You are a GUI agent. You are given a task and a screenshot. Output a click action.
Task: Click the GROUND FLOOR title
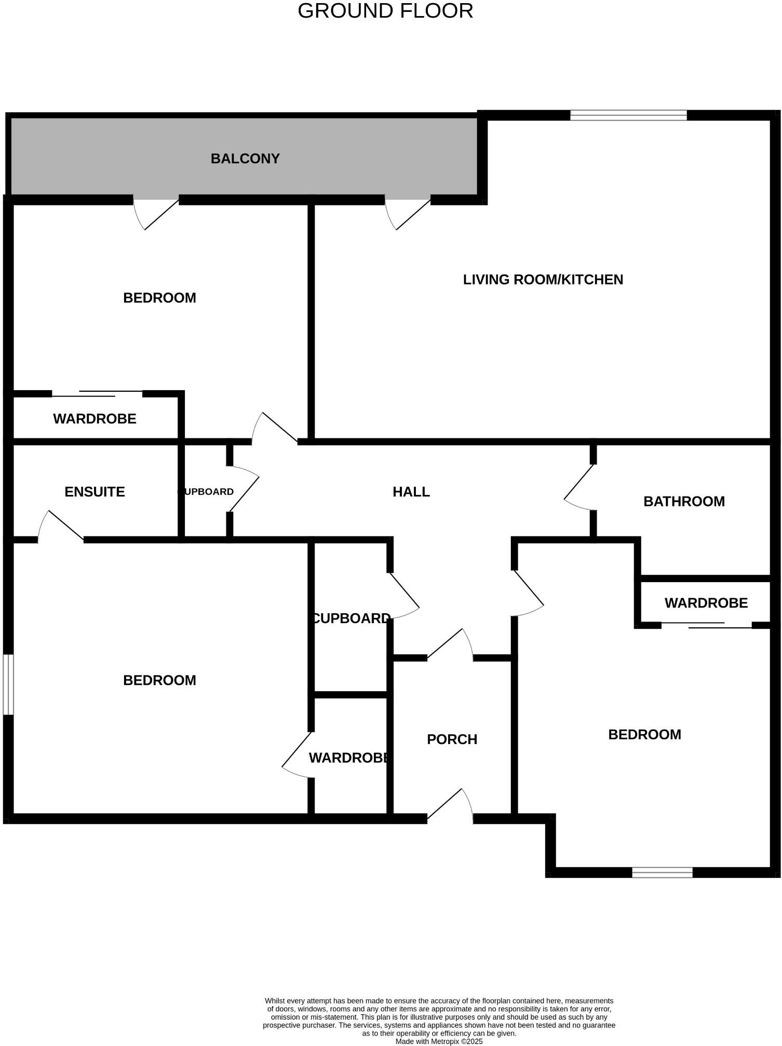point(385,11)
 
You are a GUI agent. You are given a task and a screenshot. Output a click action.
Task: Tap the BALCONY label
point(245,159)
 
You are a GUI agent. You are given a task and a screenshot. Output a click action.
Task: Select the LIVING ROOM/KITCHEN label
point(543,280)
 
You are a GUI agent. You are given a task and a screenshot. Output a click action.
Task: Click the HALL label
point(411,492)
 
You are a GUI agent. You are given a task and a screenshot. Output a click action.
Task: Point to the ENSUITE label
point(95,492)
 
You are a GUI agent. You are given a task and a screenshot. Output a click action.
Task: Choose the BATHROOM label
point(684,501)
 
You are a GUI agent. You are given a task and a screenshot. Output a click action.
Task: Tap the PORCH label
point(452,739)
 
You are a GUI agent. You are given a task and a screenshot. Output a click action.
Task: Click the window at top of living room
point(628,115)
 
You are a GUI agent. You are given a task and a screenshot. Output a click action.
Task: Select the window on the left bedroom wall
point(8,684)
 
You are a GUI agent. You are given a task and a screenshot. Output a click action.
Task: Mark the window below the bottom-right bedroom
point(662,873)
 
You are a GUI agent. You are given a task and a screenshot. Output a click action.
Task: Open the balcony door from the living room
point(408,213)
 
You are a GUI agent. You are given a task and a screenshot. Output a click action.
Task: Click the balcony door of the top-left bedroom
point(156,213)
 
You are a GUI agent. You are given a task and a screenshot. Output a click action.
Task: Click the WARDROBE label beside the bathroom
point(706,603)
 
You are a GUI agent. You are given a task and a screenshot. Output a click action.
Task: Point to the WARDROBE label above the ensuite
point(95,419)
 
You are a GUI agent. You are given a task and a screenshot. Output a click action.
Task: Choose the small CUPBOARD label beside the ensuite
point(207,492)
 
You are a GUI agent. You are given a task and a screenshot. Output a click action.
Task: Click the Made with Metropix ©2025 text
point(439,1041)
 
